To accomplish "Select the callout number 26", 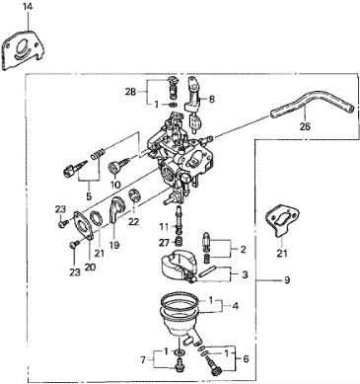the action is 305,126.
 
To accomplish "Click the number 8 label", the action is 211,99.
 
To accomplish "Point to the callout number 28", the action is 130,92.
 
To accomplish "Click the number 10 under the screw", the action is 115,185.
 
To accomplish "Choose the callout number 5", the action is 89,196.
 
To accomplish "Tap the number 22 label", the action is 133,222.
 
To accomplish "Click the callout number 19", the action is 114,245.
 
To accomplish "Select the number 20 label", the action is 90,267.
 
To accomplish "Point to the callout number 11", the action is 164,227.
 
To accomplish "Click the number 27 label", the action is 165,243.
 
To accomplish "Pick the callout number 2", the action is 243,249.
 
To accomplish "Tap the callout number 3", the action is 245,274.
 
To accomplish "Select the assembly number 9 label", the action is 287,280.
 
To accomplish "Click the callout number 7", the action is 144,360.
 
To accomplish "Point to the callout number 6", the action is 246,358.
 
